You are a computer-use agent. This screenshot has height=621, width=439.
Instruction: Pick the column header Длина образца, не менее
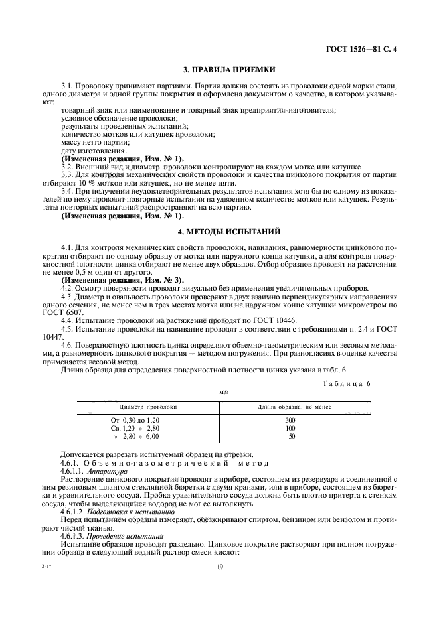(x=291, y=406)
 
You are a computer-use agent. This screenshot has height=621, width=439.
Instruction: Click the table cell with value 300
(x=291, y=421)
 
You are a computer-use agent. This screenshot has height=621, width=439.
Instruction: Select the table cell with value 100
(x=291, y=429)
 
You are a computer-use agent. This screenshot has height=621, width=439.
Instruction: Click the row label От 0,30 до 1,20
(x=135, y=421)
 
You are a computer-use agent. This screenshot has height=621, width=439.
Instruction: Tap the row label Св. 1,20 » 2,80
(x=135, y=429)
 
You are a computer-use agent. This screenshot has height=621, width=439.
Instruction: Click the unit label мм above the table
(x=224, y=392)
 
